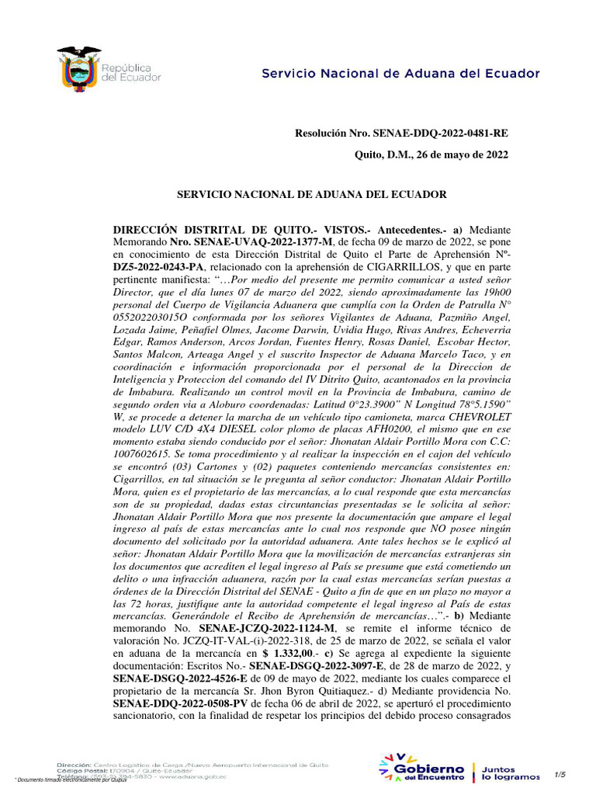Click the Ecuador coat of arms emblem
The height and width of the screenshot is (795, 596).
[79, 68]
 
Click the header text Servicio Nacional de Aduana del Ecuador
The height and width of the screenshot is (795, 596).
[400, 74]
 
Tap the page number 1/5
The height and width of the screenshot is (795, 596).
[560, 774]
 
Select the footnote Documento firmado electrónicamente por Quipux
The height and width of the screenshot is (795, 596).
[71, 779]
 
